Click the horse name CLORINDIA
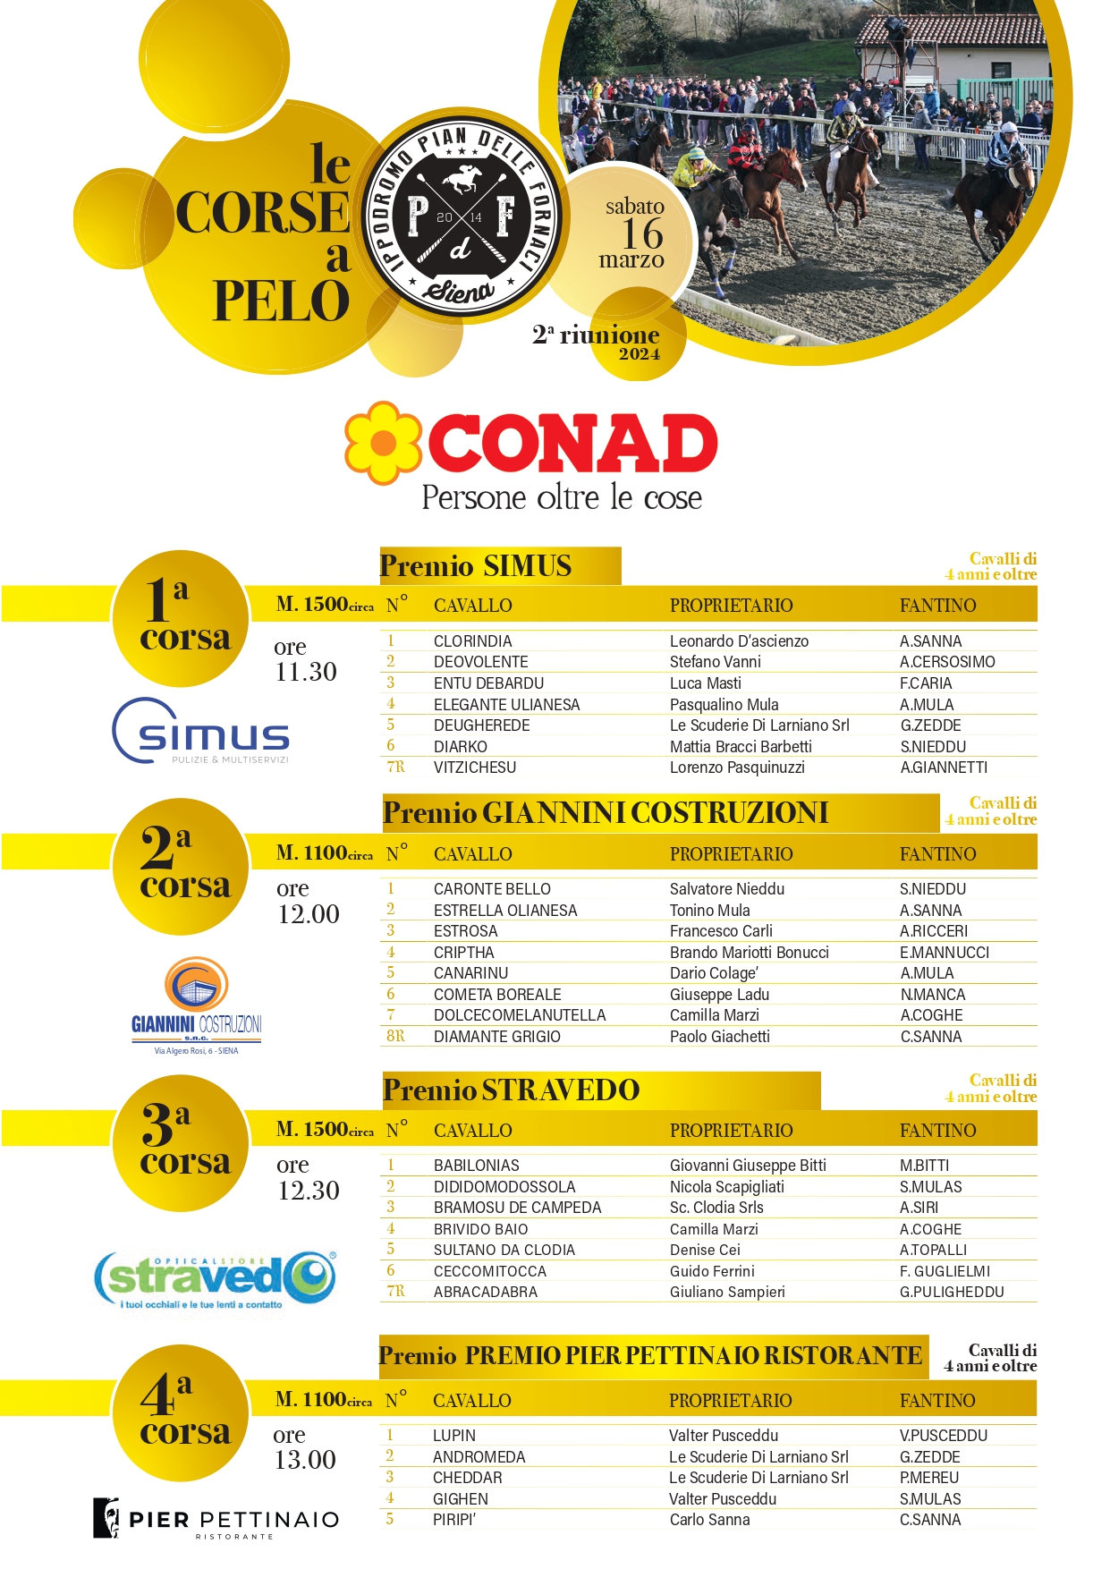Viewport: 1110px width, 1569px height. (472, 641)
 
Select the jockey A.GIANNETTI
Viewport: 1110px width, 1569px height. (943, 768)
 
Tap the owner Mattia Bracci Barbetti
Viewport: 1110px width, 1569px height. (741, 747)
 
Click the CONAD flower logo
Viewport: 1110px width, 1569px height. (383, 443)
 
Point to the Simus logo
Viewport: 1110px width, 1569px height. (201, 732)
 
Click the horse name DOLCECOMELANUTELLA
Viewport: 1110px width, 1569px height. (519, 1015)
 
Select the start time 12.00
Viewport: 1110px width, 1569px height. (309, 914)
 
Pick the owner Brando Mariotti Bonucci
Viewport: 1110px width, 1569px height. (749, 953)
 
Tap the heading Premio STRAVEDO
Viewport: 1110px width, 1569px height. (511, 1090)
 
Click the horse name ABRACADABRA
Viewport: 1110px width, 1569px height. (485, 1292)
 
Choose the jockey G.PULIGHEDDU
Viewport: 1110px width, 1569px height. (952, 1292)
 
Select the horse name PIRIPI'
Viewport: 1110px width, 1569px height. (453, 1520)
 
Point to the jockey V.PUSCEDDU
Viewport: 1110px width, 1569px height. (943, 1436)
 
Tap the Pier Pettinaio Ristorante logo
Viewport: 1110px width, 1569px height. (216, 1519)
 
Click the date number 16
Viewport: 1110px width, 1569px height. (642, 234)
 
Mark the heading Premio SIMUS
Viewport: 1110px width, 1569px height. (475, 566)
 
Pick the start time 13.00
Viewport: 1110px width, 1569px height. (305, 1460)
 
